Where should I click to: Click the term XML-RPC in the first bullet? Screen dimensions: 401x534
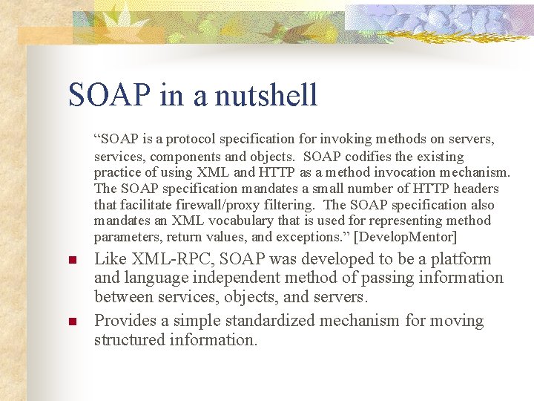(168, 259)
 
